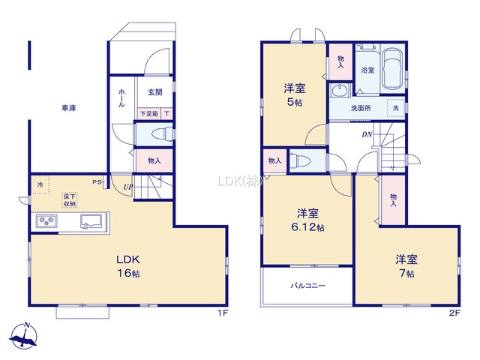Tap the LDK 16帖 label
(x=128, y=266)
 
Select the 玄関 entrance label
(x=155, y=93)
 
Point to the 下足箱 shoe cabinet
(x=149, y=114)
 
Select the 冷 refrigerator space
(x=39, y=182)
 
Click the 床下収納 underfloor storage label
(x=70, y=199)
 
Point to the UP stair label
(x=129, y=187)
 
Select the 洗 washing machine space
(x=395, y=108)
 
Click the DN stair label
(x=367, y=135)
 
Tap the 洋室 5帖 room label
(x=292, y=93)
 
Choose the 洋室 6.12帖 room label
(x=307, y=219)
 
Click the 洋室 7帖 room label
(x=407, y=266)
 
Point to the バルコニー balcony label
(x=307, y=286)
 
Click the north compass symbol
(x=26, y=337)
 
